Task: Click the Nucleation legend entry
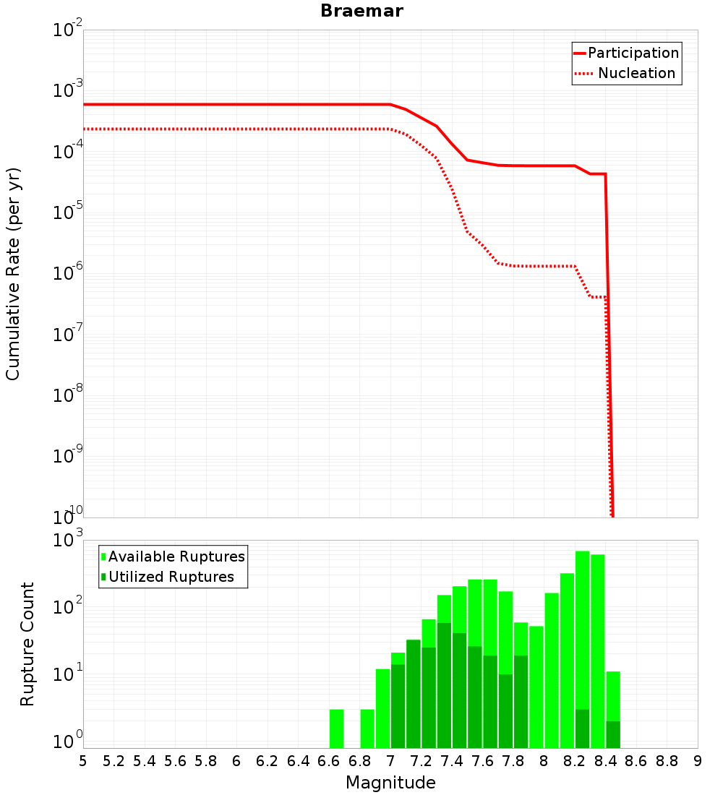click(x=636, y=73)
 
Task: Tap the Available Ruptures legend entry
click(x=176, y=556)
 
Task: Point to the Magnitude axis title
click(x=390, y=783)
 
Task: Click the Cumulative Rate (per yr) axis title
click(x=13, y=274)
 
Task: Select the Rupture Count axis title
click(x=27, y=644)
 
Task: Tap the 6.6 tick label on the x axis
click(x=329, y=761)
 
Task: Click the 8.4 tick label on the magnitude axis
click(x=606, y=761)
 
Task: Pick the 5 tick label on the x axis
click(x=83, y=761)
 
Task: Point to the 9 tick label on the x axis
click(x=698, y=761)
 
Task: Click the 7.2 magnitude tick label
click(x=422, y=761)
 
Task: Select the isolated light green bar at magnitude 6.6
click(x=336, y=729)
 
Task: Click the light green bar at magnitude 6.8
click(x=367, y=729)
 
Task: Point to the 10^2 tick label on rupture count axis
click(x=67, y=607)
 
